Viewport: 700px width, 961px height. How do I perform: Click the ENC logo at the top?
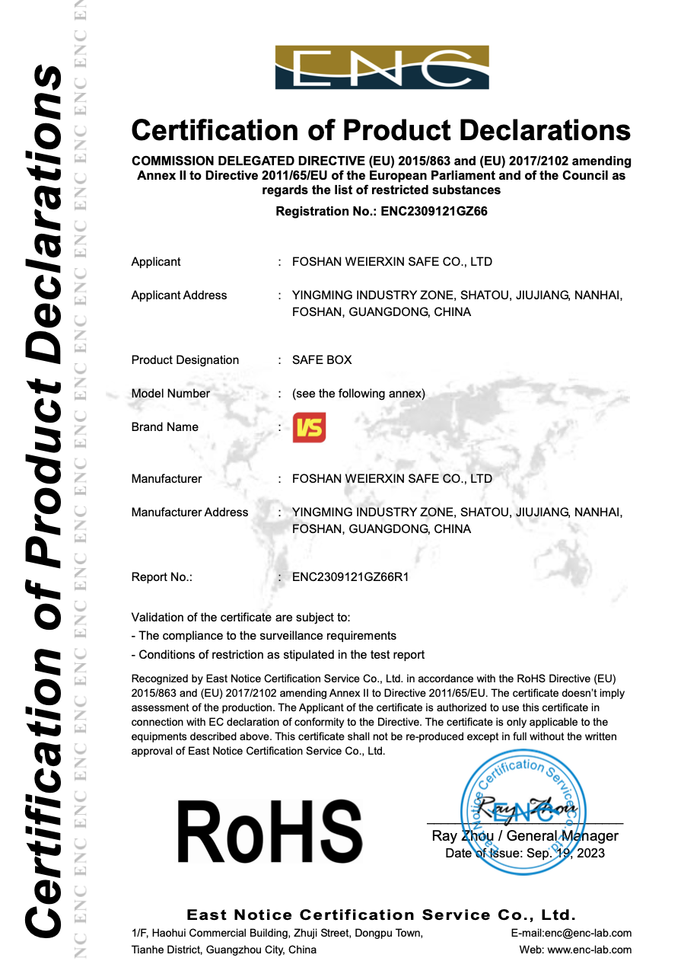click(x=382, y=68)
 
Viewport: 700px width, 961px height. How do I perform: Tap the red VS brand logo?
click(x=309, y=428)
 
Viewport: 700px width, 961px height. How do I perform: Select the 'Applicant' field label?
click(x=156, y=262)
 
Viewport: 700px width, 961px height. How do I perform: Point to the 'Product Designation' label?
click(x=185, y=360)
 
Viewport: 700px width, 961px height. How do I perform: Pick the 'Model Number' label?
click(x=170, y=394)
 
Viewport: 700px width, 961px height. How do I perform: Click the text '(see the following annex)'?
click(x=358, y=394)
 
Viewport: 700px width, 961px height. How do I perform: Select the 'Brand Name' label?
click(x=164, y=427)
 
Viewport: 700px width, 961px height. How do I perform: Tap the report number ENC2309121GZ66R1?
click(x=351, y=577)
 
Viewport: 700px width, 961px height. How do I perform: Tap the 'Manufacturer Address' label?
click(x=189, y=512)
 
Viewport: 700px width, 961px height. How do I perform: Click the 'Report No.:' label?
click(x=162, y=577)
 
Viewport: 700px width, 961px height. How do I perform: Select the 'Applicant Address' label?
click(x=179, y=295)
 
